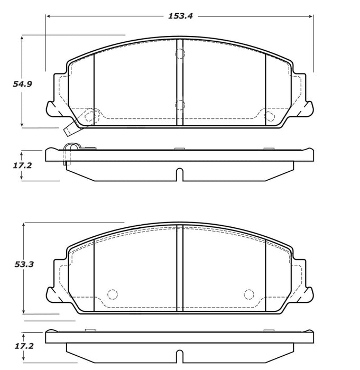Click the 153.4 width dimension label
point(180,16)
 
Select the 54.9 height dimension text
point(23,84)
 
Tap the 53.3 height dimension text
point(24,264)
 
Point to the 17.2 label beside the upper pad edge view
point(23,165)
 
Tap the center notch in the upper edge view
point(180,173)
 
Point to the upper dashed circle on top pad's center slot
point(180,54)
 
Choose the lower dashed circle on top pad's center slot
point(180,104)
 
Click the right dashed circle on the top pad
point(269,116)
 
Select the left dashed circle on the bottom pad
point(112,294)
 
